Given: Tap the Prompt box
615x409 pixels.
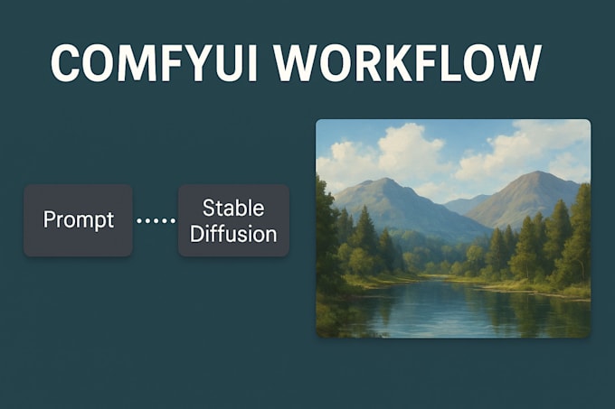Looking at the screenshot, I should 78,220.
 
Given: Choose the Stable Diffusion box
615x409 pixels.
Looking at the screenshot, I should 233,220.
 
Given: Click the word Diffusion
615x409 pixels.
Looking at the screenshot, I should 233,234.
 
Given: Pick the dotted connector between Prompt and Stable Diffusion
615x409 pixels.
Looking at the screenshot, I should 156,220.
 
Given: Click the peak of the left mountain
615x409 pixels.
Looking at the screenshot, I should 384,180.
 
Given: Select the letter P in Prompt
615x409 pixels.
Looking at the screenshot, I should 49,220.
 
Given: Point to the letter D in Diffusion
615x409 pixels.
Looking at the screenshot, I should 196,234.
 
